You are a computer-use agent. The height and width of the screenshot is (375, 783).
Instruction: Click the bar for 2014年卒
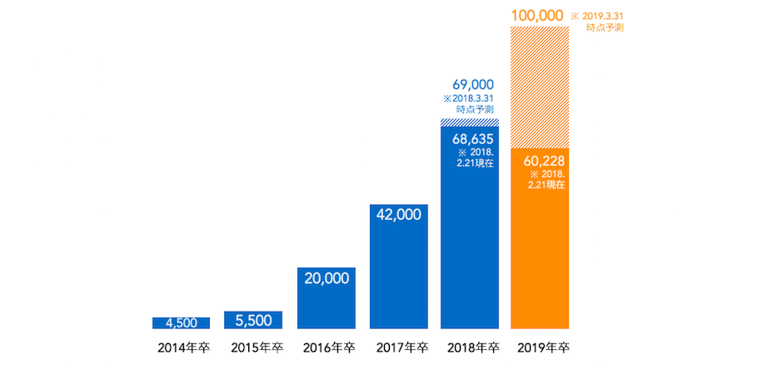[x=181, y=322]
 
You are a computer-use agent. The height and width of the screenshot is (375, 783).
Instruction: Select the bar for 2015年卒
[x=253, y=320]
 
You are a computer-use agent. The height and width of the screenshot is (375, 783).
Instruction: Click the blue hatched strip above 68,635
[x=470, y=122]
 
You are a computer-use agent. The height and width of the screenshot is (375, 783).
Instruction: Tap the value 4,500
[x=181, y=323]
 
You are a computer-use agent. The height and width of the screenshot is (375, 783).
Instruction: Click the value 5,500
[x=253, y=320]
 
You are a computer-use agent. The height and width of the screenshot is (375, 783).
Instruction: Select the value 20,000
[x=327, y=279]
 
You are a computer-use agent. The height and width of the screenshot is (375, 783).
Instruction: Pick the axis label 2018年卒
[x=471, y=347]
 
